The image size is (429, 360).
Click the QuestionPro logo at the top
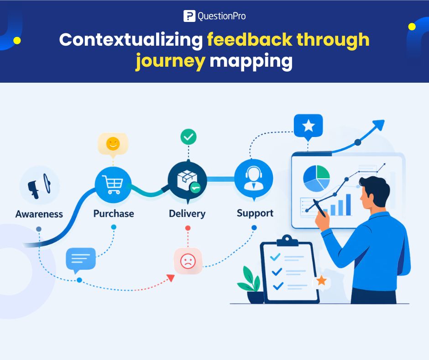pyautogui.click(x=214, y=16)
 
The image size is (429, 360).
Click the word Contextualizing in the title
pyautogui.click(x=131, y=40)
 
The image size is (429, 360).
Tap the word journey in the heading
pyautogui.click(x=170, y=61)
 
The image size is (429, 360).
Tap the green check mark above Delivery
pyautogui.click(x=188, y=136)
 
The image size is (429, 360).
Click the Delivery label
pyautogui.click(x=187, y=213)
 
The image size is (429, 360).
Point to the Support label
pyautogui.click(x=255, y=213)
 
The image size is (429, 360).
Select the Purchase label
pyautogui.click(x=114, y=213)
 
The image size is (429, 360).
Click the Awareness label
pyautogui.click(x=39, y=214)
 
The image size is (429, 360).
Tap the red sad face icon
pyautogui.click(x=188, y=261)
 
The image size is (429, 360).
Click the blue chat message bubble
pyautogui.click(x=81, y=259)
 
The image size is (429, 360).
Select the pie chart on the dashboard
pyautogui.click(x=316, y=178)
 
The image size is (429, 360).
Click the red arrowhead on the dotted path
pyautogui.click(x=171, y=277)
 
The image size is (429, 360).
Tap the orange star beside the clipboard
pyautogui.click(x=322, y=280)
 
